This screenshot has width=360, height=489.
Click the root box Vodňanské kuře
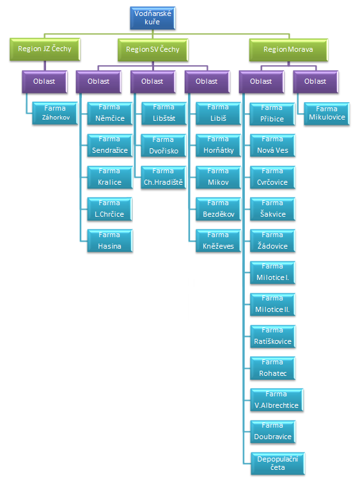(153, 18)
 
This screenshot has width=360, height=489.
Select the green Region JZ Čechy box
(45, 49)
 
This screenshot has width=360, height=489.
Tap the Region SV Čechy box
(153, 50)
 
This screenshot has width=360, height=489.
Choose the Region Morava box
(288, 50)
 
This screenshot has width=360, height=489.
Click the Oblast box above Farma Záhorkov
(45, 82)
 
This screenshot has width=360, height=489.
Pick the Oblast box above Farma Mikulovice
(316, 82)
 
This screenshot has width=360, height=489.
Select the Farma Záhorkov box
(55, 113)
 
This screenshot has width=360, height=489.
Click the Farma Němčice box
(110, 114)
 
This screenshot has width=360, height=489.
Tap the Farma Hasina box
(110, 240)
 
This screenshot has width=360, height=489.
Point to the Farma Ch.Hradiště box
(164, 177)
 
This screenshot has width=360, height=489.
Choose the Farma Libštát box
(164, 114)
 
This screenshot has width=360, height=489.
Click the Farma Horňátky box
(219, 145)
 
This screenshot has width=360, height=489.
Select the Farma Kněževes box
(219, 240)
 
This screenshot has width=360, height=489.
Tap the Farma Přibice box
(272, 114)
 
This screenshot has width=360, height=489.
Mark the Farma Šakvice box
(272, 209)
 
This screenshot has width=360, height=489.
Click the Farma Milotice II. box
(272, 304)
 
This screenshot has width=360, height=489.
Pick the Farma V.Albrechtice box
(277, 400)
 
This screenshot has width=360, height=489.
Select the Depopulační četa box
(278, 463)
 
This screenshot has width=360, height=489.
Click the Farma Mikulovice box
(327, 114)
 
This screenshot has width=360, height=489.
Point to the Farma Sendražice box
(110, 145)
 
